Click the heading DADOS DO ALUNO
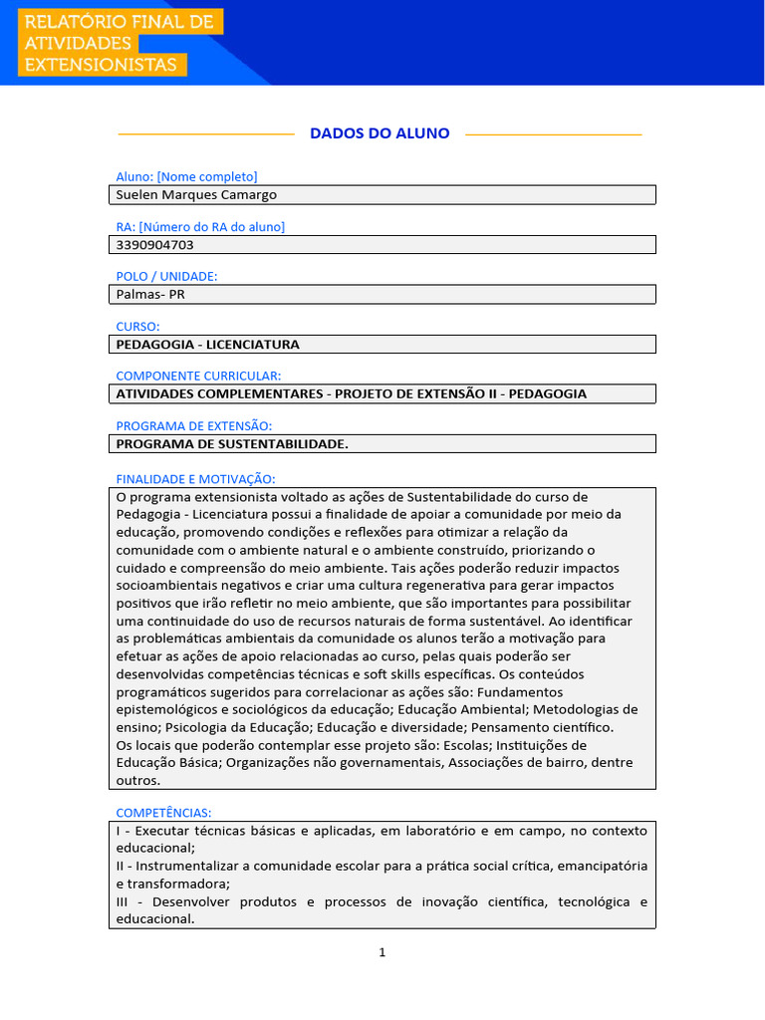(380, 133)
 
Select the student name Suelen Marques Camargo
(196, 195)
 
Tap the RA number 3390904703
(155, 244)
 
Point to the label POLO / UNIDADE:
(166, 276)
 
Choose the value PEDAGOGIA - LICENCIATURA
(207, 344)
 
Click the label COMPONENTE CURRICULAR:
(198, 376)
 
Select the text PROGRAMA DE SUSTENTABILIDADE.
(232, 443)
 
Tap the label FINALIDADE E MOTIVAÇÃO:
(195, 479)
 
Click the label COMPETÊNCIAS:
(163, 813)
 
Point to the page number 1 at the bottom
(382, 952)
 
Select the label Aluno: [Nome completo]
(186, 176)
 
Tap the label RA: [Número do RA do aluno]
(200, 227)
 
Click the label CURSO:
(137, 326)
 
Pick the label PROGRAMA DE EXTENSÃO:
(193, 425)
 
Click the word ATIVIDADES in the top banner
(78, 44)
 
